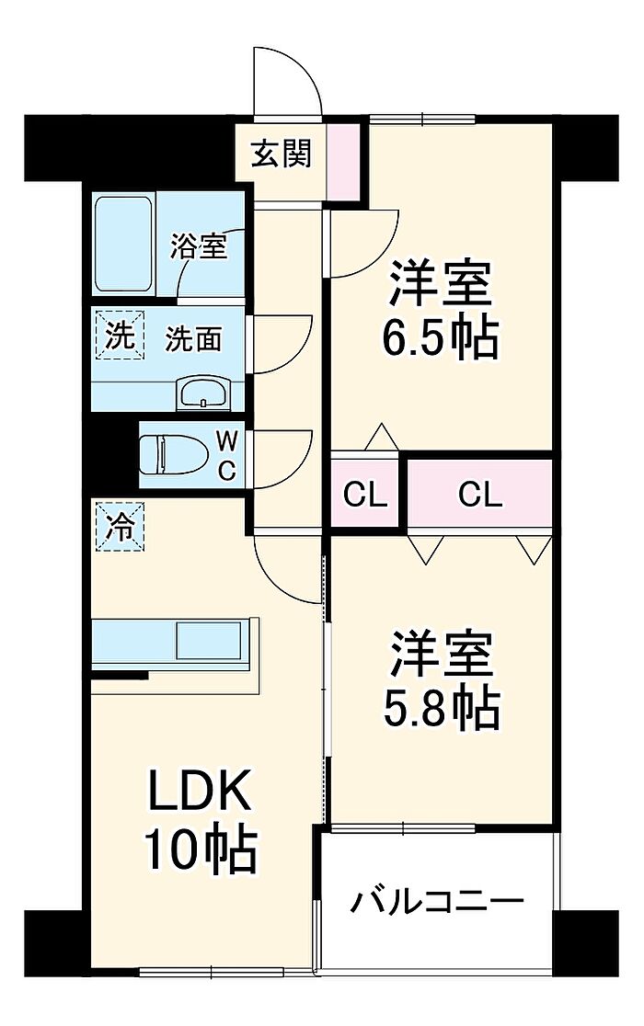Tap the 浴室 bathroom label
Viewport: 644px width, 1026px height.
[x=199, y=246]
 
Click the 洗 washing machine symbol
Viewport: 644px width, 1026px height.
[x=118, y=336]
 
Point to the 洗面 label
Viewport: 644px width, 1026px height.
[x=192, y=339]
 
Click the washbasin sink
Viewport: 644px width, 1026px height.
[x=204, y=393]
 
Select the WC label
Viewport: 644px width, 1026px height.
[x=226, y=455]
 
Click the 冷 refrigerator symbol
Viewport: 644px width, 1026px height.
[x=119, y=527]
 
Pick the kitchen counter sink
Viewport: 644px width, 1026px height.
[x=209, y=640]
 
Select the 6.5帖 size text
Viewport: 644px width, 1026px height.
[x=440, y=338]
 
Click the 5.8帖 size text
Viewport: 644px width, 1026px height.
[x=440, y=706]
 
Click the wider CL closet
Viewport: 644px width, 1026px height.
[x=480, y=496]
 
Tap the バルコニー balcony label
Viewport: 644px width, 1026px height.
[x=436, y=901]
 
